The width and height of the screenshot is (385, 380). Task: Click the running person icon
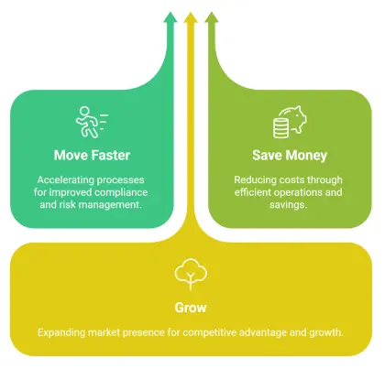point(92,122)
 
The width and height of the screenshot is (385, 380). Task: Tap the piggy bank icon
point(290,122)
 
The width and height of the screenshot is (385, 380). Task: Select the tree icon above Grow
point(191,274)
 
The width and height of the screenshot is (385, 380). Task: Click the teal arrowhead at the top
point(170,17)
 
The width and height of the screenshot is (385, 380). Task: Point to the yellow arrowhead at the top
point(191,17)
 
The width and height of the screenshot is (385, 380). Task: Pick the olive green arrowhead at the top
point(212,17)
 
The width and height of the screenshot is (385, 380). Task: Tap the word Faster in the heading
point(111,156)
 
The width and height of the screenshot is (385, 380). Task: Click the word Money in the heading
point(306,156)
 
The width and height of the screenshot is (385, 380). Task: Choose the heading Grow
point(191,308)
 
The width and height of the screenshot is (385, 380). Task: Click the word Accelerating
point(63,180)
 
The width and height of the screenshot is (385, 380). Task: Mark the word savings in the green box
point(288,205)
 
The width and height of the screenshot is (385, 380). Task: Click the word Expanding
point(61,332)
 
